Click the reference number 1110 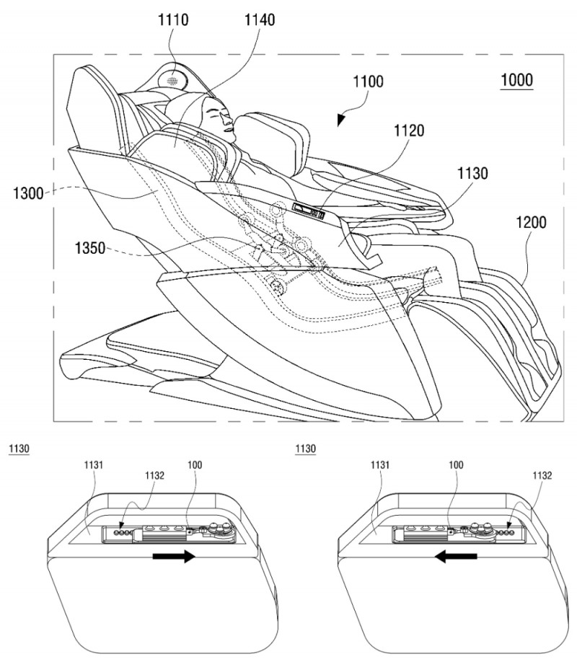pos(173,20)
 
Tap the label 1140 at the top pos(260,20)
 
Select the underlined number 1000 pos(517,80)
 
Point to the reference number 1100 pos(369,81)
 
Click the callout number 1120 pos(409,131)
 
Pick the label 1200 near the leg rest pos(532,222)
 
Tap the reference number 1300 pos(28,193)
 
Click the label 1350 pos(90,248)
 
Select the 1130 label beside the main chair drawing pos(472,173)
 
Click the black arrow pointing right pos(173,557)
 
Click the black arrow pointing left pos(456,557)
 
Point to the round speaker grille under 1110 pos(173,80)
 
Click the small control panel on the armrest pos(309,211)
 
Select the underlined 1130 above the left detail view pos(19,449)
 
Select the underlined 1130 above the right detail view pos(305,449)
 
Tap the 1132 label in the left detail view pos(154,475)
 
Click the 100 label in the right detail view pos(456,465)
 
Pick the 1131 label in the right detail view pos(380,465)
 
